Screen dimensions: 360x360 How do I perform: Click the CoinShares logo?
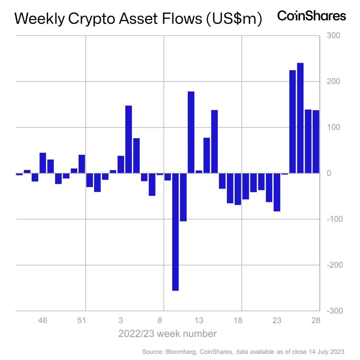[x=311, y=16]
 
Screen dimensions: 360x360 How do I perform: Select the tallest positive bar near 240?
[x=300, y=118]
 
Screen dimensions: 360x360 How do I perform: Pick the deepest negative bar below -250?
[x=175, y=232]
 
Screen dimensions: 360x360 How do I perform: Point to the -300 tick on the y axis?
[x=334, y=311]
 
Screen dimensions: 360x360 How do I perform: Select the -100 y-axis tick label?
[x=334, y=219]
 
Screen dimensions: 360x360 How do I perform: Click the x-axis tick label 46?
[x=43, y=320]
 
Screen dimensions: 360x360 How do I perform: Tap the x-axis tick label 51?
[x=82, y=320]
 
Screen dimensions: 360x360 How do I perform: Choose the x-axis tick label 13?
[x=199, y=320]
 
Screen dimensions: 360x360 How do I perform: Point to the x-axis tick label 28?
[x=316, y=320]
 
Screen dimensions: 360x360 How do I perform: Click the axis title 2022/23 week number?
[x=167, y=333]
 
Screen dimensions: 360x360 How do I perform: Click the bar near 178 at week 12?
[x=191, y=132]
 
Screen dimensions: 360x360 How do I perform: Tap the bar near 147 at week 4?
[x=128, y=139]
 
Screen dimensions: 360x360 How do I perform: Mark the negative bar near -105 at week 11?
[x=183, y=197]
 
